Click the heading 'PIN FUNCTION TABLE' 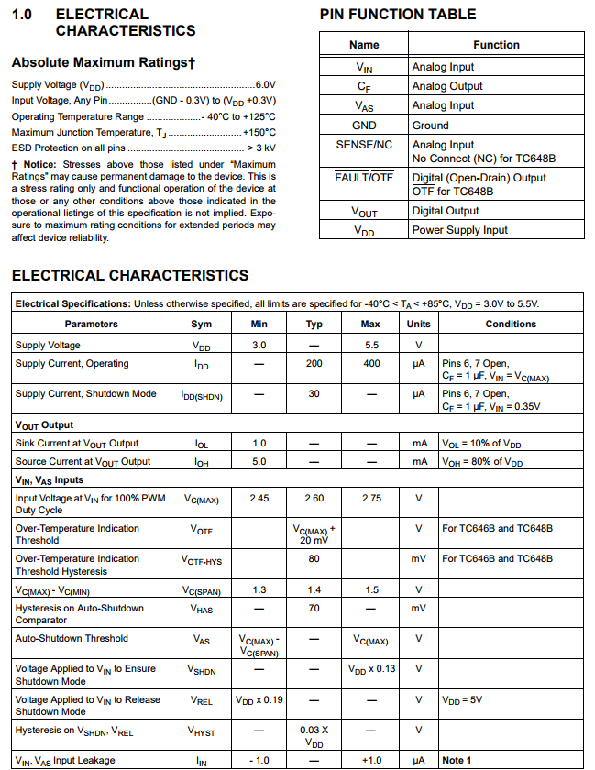pyautogui.click(x=398, y=15)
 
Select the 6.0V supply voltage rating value pyautogui.click(x=265, y=84)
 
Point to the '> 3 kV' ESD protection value pyautogui.click(x=261, y=147)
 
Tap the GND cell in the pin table pyautogui.click(x=364, y=126)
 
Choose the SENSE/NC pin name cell pyautogui.click(x=364, y=145)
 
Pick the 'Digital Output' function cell pyautogui.click(x=446, y=211)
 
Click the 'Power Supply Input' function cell pyautogui.click(x=459, y=230)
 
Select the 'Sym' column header pyautogui.click(x=201, y=324)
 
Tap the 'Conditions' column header pyautogui.click(x=511, y=324)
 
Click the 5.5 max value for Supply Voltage pyautogui.click(x=370, y=346)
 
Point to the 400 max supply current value pyautogui.click(x=370, y=364)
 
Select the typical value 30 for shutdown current pyautogui.click(x=314, y=393)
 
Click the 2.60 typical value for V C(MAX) pyautogui.click(x=314, y=498)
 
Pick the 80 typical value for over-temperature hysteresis pyautogui.click(x=314, y=558)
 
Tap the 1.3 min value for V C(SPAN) pyautogui.click(x=259, y=589)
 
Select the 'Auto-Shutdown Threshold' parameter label pyautogui.click(x=72, y=638)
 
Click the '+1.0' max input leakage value pyautogui.click(x=370, y=760)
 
